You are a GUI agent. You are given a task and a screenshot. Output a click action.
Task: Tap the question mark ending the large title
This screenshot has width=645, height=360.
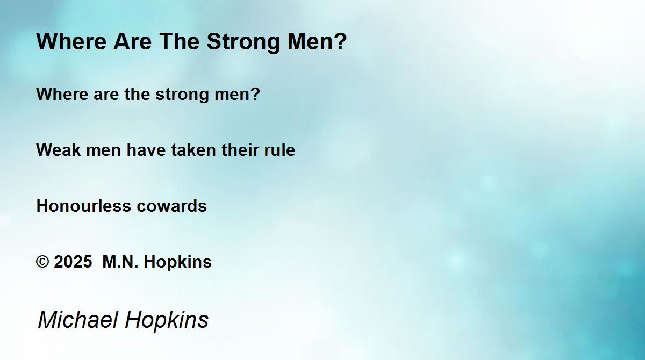click(x=341, y=41)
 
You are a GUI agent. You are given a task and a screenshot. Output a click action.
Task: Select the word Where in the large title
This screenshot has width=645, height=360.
click(x=71, y=41)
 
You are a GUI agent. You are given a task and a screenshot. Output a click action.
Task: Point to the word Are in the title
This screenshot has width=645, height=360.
click(x=132, y=41)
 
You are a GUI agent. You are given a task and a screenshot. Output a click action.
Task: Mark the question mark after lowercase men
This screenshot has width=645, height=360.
click(x=256, y=94)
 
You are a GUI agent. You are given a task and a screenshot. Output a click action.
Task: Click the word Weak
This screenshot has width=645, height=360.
click(x=59, y=150)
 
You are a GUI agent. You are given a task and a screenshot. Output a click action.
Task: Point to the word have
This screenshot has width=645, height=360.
click(x=146, y=150)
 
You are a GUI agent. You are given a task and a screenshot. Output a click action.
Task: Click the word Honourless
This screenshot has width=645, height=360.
click(x=83, y=206)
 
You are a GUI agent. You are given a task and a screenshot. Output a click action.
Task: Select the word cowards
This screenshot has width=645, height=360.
click(x=171, y=206)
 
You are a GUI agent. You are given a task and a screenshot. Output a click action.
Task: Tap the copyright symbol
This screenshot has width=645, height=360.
click(x=42, y=262)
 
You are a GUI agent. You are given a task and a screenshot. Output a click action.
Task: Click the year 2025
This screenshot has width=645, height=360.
click(x=73, y=262)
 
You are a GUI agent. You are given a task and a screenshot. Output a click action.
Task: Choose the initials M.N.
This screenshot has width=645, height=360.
click(x=120, y=262)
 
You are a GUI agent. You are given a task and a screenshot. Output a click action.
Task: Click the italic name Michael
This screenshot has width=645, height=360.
click(x=78, y=320)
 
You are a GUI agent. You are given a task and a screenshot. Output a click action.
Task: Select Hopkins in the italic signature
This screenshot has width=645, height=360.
click(x=167, y=321)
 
